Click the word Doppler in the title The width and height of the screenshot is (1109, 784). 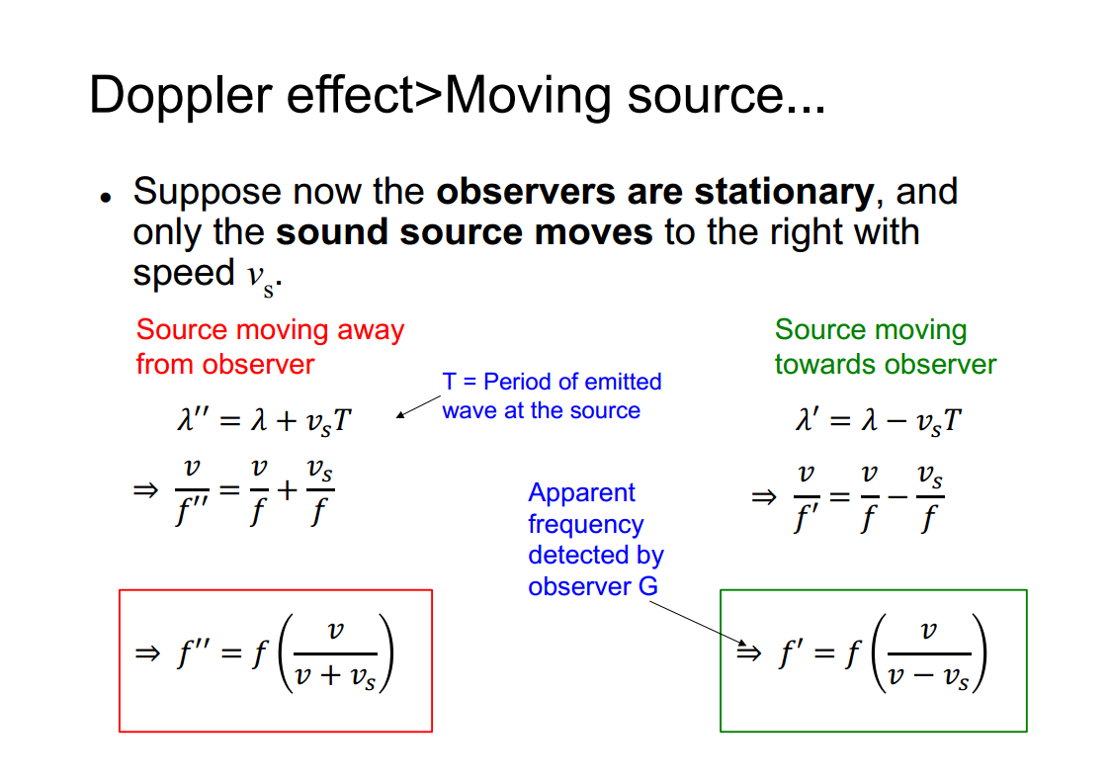click(x=180, y=96)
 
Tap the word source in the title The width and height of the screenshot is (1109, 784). click(x=705, y=97)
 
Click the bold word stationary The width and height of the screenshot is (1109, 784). click(x=784, y=193)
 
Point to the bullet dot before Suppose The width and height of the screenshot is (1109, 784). click(x=106, y=198)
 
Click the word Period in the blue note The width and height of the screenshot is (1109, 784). click(x=517, y=382)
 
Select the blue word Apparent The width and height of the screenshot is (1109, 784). click(x=581, y=493)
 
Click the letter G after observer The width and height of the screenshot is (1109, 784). click(x=647, y=586)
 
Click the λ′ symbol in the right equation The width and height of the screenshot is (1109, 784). click(x=808, y=419)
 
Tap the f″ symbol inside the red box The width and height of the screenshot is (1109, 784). click(x=193, y=653)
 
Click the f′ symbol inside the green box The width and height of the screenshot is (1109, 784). click(x=791, y=653)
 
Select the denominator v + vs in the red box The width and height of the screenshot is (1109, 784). click(x=334, y=677)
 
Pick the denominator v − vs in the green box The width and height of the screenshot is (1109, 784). click(x=928, y=677)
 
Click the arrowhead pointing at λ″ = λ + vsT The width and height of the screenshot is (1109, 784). click(x=400, y=414)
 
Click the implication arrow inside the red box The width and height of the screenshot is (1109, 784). click(x=147, y=653)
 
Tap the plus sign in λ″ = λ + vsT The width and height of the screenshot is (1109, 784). click(x=287, y=421)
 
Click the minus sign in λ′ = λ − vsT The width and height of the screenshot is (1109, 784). click(x=896, y=421)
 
